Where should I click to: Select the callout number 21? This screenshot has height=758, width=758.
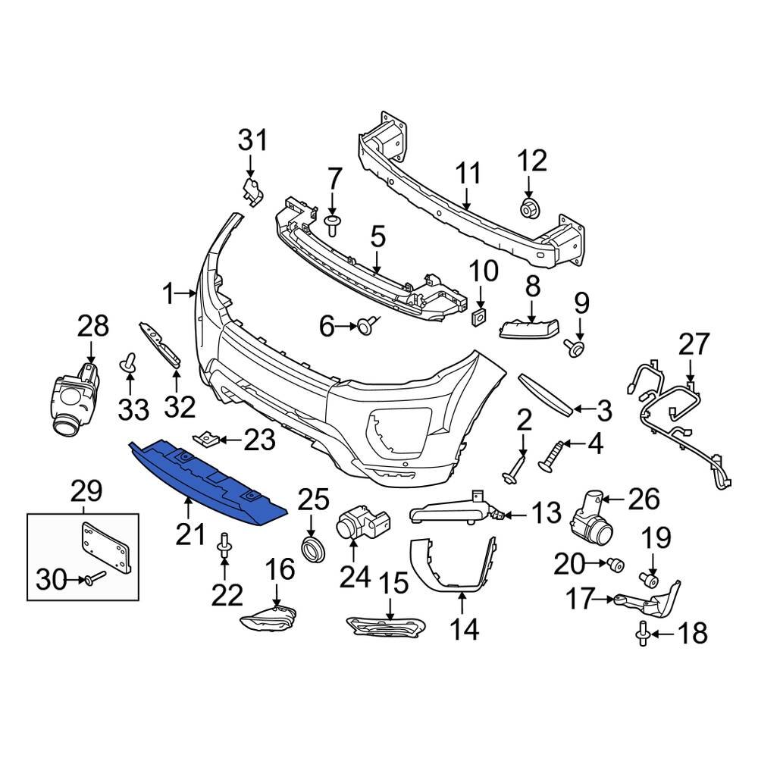(191, 534)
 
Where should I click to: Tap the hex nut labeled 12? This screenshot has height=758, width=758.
(528, 207)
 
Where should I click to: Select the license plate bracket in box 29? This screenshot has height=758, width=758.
(106, 546)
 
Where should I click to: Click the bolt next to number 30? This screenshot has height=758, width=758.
(92, 581)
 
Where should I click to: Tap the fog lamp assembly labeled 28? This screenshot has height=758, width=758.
(76, 394)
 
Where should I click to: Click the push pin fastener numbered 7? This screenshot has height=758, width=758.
(332, 221)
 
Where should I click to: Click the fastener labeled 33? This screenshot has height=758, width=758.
(128, 365)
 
